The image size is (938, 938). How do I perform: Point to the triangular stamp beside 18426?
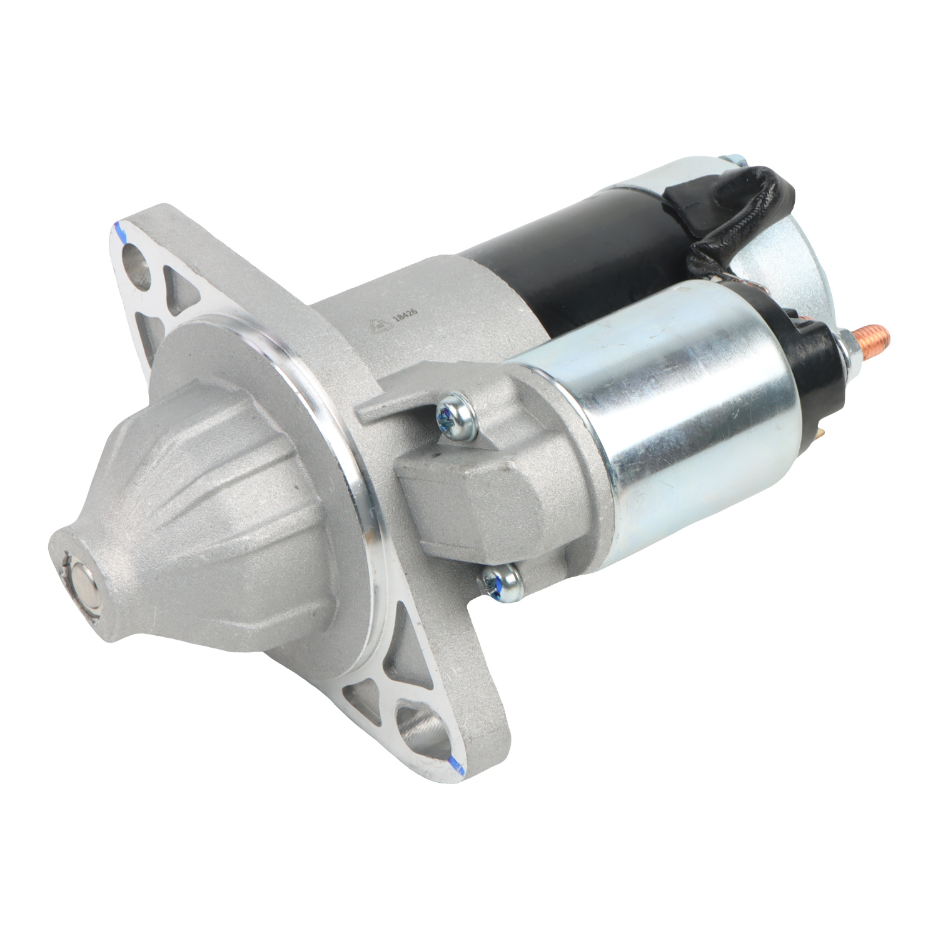[x=377, y=325]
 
